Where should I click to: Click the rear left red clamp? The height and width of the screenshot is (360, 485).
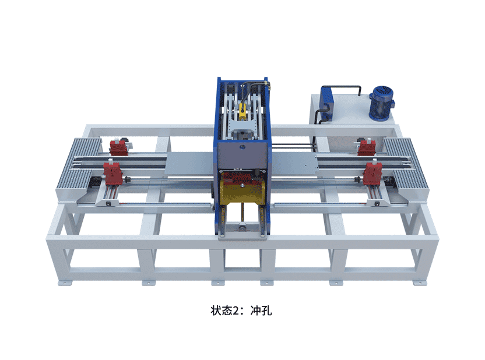tap(119, 147)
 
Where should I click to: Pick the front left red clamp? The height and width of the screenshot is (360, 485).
tap(113, 174)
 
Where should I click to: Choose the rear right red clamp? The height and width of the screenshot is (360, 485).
tap(367, 147)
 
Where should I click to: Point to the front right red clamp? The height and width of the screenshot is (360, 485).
tap(372, 173)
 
